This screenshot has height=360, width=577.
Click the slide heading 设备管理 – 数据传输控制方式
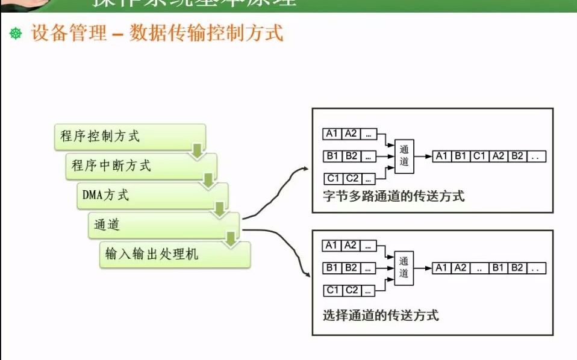157,33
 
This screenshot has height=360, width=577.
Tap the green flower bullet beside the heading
16,34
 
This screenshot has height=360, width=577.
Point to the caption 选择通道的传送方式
381,315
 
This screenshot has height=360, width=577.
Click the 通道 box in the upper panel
404,156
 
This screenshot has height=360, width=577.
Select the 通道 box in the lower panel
404,268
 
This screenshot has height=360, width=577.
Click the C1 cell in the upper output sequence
479,156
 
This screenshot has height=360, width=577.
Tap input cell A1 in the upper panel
331,134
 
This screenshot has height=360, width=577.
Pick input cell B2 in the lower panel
351,268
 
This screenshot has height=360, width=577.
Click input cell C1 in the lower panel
332,290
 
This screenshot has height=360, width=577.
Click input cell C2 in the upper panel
352,178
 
